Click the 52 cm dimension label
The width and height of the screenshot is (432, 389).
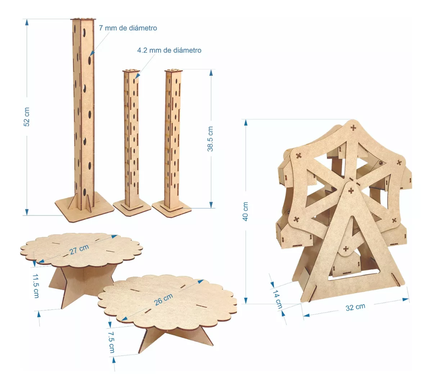point(27,117)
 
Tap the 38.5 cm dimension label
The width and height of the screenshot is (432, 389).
point(211,139)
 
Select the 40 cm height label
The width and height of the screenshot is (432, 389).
point(246,211)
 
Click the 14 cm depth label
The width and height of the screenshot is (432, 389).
point(277,299)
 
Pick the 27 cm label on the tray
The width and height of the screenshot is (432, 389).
point(79,249)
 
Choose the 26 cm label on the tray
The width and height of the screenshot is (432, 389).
point(163,299)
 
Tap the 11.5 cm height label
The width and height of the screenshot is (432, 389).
point(36,286)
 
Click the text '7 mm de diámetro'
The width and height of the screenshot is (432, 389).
point(128,28)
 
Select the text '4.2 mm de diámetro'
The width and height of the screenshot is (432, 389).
point(169,50)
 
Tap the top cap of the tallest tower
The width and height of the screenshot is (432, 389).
point(84,19)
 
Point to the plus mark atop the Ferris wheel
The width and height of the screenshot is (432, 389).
point(354,127)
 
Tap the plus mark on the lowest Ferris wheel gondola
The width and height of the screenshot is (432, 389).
point(346,249)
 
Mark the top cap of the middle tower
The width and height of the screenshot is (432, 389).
point(131,71)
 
